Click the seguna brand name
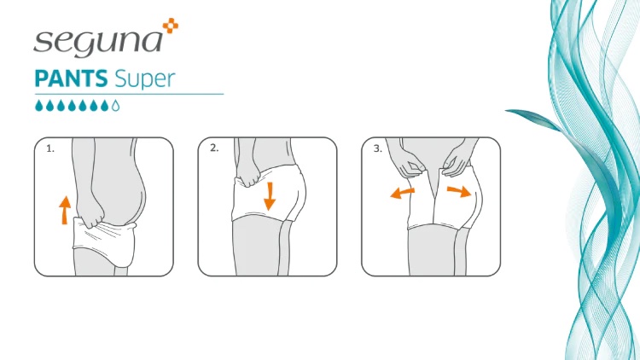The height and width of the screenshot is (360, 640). (x=98, y=42)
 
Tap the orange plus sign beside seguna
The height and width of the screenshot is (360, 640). (x=171, y=26)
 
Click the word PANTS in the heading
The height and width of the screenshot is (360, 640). (x=71, y=78)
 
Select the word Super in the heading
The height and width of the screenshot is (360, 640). (x=145, y=79)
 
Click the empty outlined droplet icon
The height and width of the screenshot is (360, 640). (x=115, y=106)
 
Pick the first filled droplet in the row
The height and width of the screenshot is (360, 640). (x=38, y=106)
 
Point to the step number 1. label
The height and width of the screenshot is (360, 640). (x=49, y=149)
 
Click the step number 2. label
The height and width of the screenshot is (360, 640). (x=214, y=148)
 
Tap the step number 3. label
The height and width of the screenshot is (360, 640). (x=378, y=149)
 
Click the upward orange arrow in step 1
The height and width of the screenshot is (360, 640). (x=64, y=210)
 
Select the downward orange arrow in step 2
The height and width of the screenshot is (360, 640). (x=270, y=197)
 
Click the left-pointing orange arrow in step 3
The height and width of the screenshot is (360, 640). (x=403, y=193)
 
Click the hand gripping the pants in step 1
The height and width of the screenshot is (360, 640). (x=90, y=212)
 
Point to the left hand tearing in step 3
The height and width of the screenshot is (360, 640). (x=410, y=168)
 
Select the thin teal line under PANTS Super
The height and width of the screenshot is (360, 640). (x=129, y=95)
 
